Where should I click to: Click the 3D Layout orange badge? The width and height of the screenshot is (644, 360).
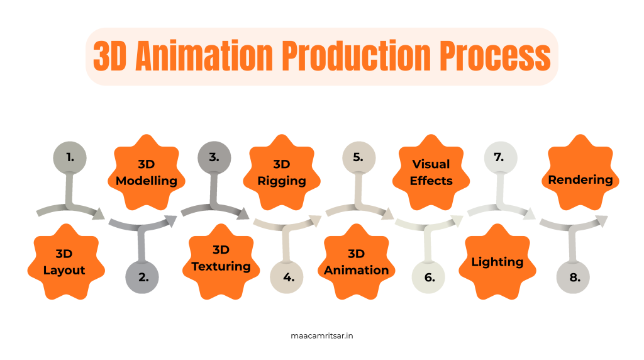(64, 262)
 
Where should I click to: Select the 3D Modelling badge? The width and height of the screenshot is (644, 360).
(147, 172)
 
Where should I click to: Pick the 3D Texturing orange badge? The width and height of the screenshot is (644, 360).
(221, 259)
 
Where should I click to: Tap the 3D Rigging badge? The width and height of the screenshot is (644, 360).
(282, 172)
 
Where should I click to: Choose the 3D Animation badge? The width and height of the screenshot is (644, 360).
(356, 262)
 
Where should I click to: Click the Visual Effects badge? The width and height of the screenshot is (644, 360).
(431, 172)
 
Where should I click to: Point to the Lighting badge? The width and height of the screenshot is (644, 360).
(497, 262)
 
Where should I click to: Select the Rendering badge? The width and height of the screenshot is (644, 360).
(580, 179)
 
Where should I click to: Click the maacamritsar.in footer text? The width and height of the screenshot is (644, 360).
(322, 335)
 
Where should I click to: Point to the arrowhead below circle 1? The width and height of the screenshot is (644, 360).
(99, 215)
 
